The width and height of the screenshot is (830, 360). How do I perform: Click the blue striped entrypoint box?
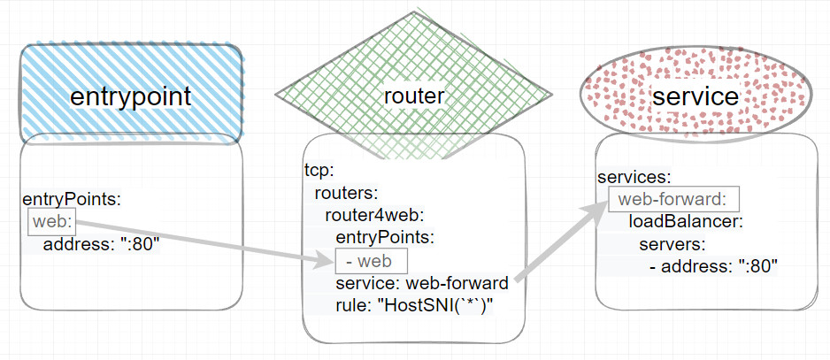[x=131, y=95]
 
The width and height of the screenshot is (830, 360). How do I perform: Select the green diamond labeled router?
[x=413, y=96]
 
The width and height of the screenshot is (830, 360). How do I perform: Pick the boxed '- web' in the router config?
[x=371, y=261]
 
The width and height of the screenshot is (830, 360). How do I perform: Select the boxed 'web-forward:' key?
[x=673, y=199]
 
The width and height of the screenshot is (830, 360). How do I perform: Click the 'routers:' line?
[x=346, y=192]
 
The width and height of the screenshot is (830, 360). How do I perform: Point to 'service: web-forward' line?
[x=421, y=283]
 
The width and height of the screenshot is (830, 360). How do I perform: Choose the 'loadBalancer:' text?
[x=686, y=220]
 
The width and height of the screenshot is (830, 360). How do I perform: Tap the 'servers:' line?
[x=672, y=243]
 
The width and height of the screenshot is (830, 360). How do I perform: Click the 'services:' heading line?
[x=634, y=177]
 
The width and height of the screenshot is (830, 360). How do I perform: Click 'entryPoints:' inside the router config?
[x=385, y=237]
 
